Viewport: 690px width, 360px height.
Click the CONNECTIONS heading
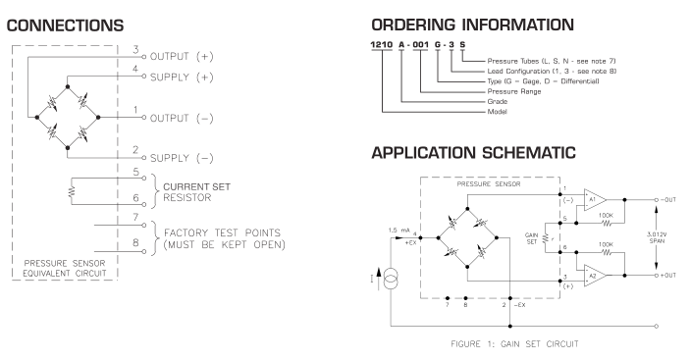(65, 26)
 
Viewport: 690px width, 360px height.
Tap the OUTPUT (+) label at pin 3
(182, 57)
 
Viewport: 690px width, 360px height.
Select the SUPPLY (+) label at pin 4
(182, 77)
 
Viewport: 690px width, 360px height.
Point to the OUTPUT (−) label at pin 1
(182, 119)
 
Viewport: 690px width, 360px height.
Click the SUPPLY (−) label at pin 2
(182, 158)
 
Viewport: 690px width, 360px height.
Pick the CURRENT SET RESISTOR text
(196, 192)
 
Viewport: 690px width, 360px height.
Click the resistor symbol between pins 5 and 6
(72, 191)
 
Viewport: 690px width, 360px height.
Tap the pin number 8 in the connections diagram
(135, 242)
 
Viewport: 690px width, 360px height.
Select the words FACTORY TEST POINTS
(222, 232)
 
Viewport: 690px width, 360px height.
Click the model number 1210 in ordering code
(382, 44)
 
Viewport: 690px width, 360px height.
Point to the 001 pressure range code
(420, 44)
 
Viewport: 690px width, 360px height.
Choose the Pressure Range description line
(514, 91)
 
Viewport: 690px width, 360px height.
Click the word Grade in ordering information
(498, 102)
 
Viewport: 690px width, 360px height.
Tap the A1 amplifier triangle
(595, 199)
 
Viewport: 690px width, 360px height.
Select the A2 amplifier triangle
(595, 276)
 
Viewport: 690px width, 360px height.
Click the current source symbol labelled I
(391, 279)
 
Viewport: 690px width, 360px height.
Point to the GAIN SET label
(532, 238)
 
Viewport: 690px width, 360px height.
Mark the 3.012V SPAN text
(656, 237)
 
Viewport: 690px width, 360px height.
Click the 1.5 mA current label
(399, 231)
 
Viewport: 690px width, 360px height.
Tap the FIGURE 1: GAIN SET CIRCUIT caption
(514, 344)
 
